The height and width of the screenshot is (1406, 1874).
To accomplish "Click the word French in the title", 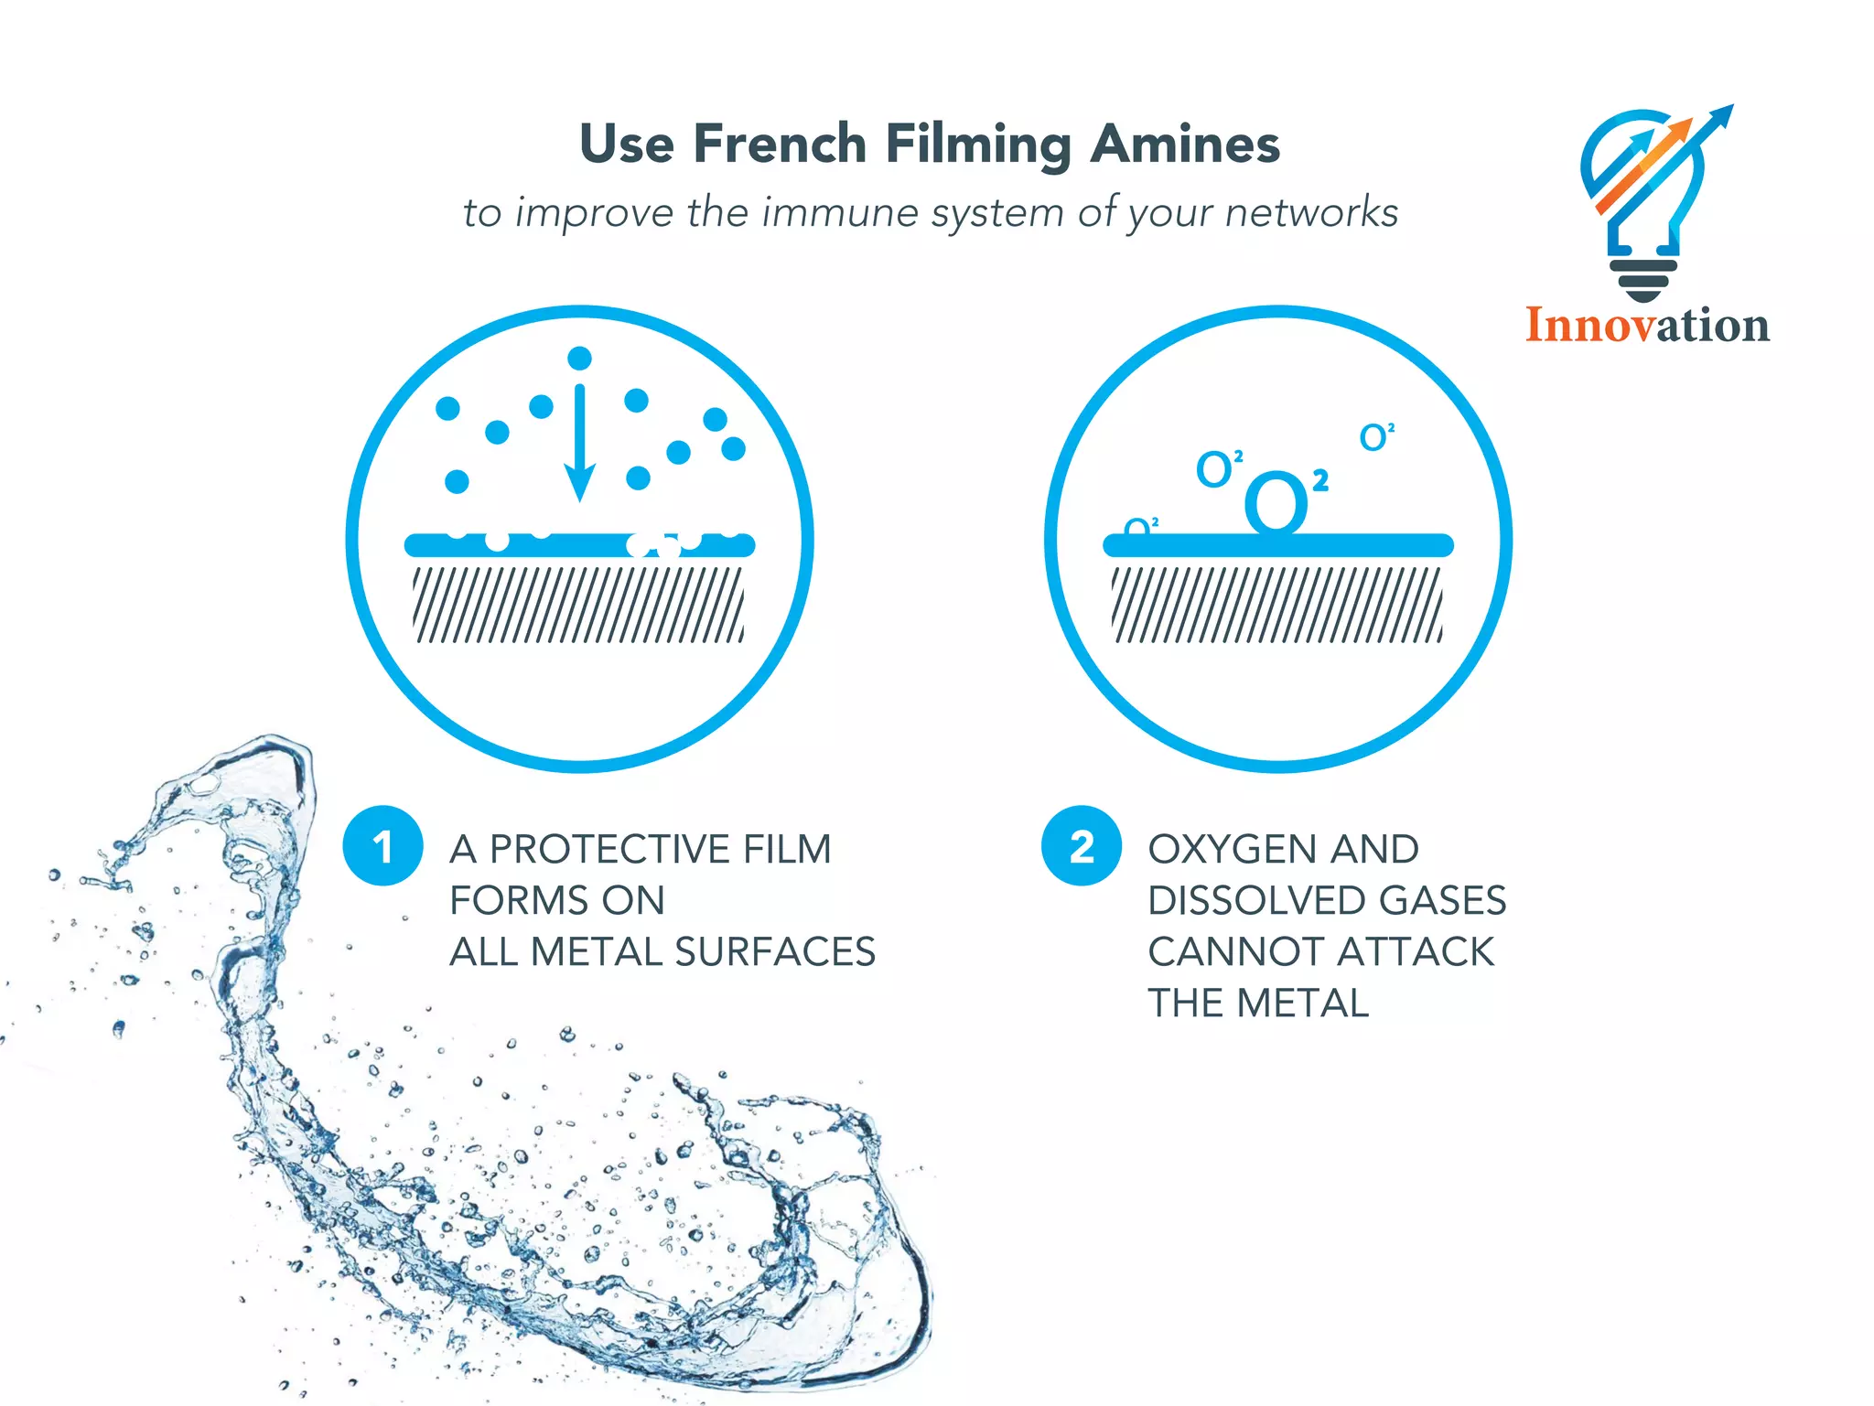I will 780,145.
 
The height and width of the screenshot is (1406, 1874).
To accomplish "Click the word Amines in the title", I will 1185,145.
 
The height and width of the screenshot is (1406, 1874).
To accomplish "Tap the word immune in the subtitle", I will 839,213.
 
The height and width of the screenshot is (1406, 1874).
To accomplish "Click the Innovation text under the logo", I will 1647,326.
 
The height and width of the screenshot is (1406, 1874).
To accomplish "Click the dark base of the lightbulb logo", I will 1643,279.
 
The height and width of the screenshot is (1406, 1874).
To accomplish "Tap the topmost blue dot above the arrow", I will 579,358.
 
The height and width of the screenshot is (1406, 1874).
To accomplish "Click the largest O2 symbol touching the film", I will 1277,502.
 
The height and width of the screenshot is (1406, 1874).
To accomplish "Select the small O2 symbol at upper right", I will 1375,437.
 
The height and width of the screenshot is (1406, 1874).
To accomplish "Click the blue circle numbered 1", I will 382,846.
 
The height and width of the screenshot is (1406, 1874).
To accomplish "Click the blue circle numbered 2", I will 1082,846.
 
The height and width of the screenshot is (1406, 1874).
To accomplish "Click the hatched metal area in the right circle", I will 1277,605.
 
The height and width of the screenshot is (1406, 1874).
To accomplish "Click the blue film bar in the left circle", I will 578,546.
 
